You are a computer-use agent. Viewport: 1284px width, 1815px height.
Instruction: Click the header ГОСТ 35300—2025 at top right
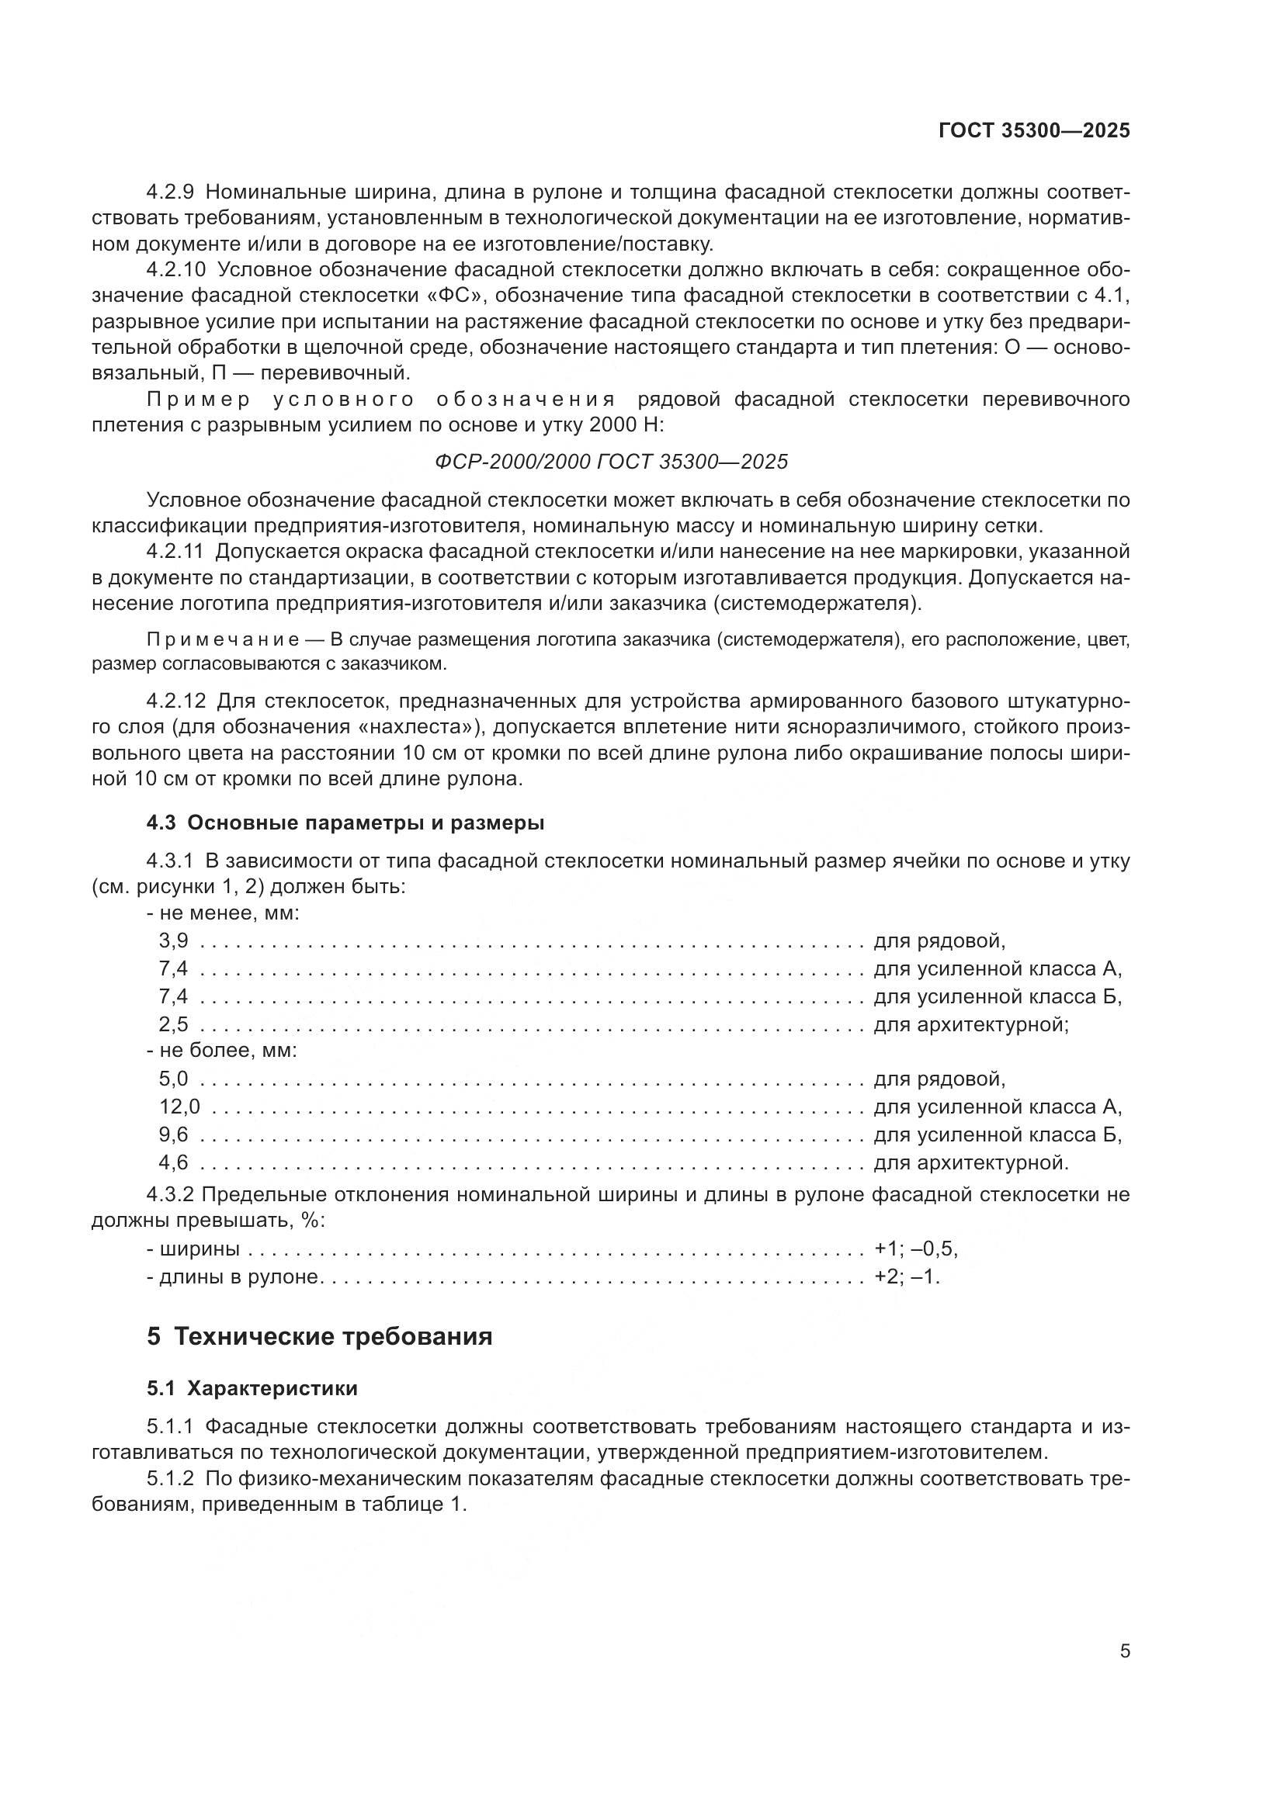[1034, 131]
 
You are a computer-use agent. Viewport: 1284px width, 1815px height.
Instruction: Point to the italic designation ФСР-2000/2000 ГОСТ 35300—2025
[611, 462]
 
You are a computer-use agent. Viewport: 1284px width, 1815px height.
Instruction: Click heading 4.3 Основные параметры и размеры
[345, 823]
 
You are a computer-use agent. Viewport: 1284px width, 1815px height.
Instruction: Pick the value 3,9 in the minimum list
[173, 940]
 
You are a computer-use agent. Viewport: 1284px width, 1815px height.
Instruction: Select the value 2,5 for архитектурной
[173, 1024]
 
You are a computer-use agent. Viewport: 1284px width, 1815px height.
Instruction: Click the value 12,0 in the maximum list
[179, 1107]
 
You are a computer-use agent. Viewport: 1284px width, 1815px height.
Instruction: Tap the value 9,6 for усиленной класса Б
[173, 1134]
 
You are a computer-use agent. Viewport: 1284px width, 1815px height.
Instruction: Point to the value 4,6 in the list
[173, 1162]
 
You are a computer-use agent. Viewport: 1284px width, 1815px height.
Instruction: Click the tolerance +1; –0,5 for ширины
[915, 1249]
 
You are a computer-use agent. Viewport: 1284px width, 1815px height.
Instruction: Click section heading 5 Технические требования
[319, 1337]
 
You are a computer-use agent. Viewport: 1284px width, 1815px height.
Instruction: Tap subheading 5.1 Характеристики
[252, 1388]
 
